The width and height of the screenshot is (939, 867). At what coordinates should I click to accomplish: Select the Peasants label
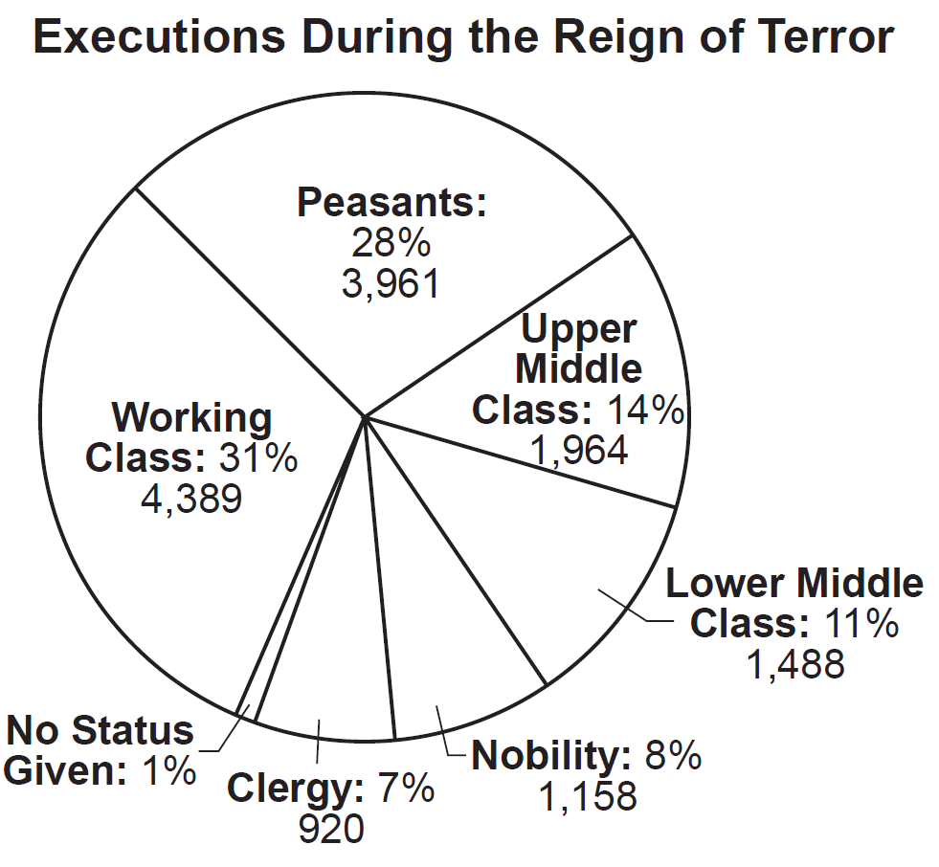pos(391,203)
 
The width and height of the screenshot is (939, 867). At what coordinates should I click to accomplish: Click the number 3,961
pos(391,283)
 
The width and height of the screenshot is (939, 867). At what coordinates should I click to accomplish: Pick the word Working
pos(191,418)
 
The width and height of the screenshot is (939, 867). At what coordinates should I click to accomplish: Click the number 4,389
pos(191,499)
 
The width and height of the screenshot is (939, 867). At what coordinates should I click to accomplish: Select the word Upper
pos(578,329)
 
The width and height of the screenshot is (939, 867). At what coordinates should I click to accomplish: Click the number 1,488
pos(796,663)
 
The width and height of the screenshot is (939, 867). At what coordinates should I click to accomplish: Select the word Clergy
pos(290,790)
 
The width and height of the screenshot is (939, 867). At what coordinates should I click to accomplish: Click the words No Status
pos(100,731)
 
